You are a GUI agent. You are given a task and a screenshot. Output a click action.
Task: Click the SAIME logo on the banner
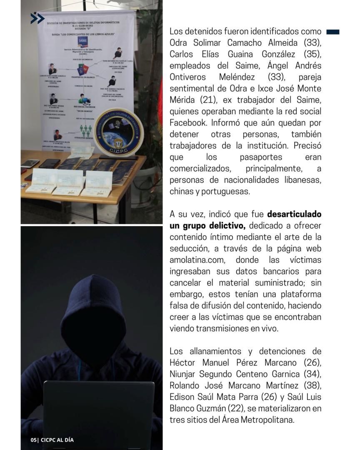tap(82, 42)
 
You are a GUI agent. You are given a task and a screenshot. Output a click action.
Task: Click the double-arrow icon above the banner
tap(37, 18)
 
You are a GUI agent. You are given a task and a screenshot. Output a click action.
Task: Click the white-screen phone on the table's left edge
tap(30, 163)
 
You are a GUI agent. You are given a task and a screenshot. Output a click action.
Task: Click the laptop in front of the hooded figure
tap(99, 408)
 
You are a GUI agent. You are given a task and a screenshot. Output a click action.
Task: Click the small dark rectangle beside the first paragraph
tap(333, 32)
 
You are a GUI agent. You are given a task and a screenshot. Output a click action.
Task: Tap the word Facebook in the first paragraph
tap(188, 123)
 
